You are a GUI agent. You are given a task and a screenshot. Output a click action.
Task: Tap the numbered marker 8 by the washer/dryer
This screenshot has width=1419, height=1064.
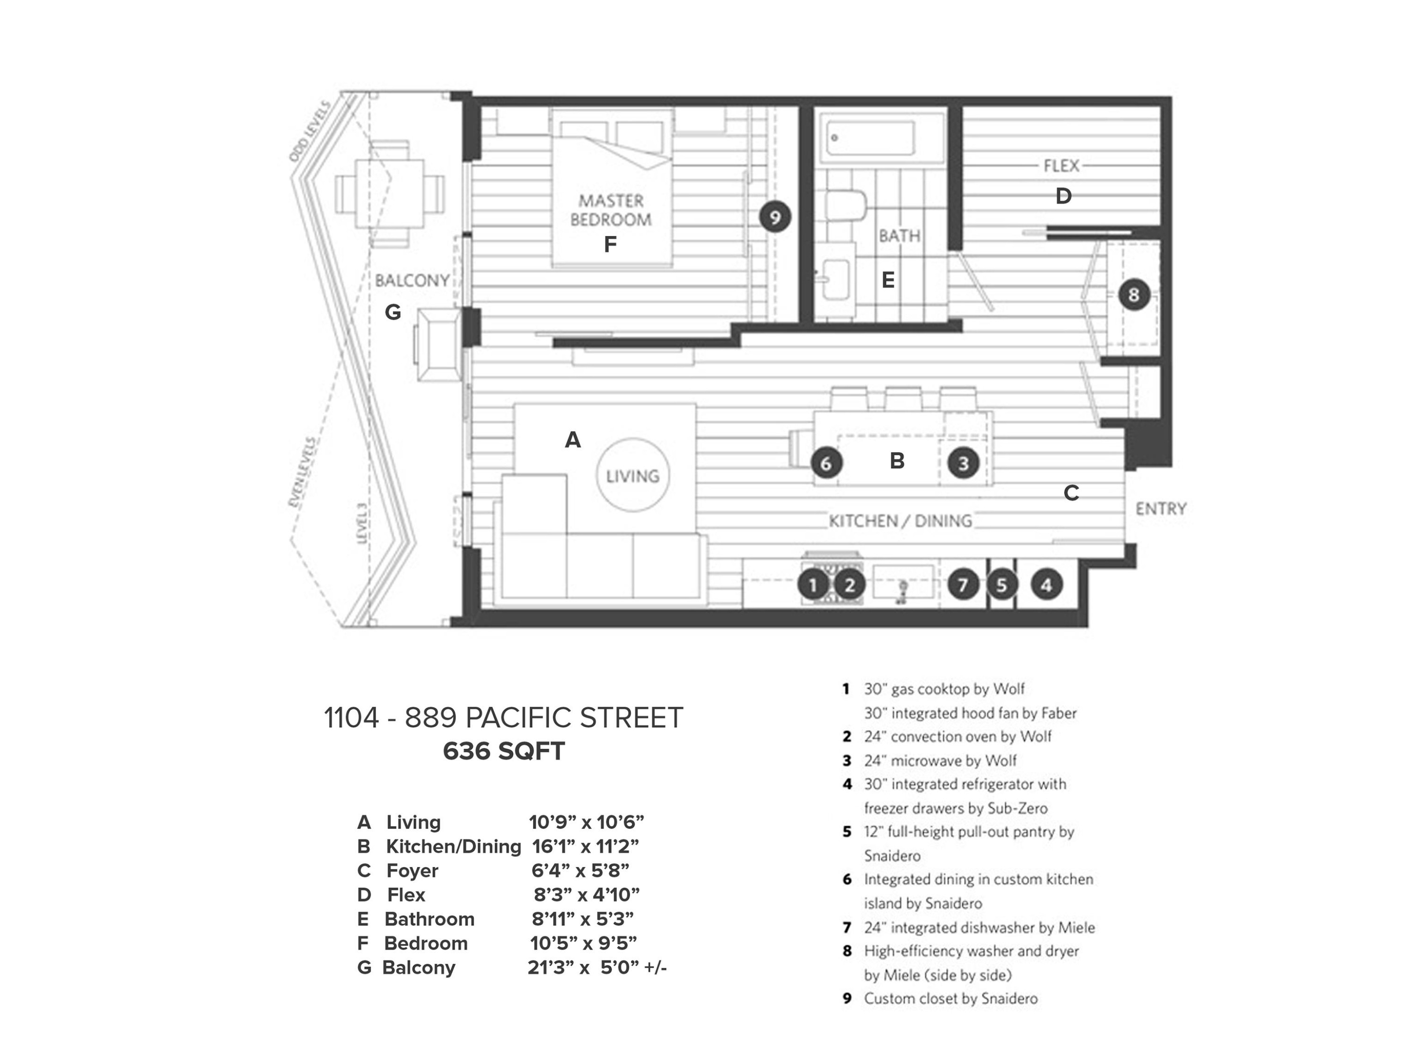click(1133, 295)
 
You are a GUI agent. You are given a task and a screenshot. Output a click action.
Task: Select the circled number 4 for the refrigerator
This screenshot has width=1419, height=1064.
click(1046, 584)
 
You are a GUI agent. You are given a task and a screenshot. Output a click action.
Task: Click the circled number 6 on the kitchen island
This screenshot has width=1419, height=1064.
click(826, 462)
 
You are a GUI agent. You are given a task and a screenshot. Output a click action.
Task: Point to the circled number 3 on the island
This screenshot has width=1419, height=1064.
click(963, 462)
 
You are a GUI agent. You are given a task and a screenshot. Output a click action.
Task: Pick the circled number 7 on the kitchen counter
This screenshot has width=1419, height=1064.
click(962, 584)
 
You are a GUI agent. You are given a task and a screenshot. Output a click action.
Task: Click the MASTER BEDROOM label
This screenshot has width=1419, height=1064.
click(611, 209)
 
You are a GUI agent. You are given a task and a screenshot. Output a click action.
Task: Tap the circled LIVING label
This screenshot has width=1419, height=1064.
click(632, 475)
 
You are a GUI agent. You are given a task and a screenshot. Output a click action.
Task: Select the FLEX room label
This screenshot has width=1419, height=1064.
click(1061, 166)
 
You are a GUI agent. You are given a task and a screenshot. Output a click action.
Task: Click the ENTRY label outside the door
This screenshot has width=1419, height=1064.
click(1160, 508)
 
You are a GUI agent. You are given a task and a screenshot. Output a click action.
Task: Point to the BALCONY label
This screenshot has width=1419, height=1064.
click(412, 280)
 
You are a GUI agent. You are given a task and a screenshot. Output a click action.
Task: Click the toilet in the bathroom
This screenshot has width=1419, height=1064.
click(845, 205)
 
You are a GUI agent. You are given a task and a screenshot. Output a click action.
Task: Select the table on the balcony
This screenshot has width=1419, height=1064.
click(389, 194)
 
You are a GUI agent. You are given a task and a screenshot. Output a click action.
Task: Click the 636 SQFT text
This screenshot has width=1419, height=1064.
click(504, 751)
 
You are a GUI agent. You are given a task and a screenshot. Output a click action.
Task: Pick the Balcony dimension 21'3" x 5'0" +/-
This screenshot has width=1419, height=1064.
click(596, 967)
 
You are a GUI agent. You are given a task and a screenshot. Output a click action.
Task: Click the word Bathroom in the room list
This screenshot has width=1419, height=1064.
click(429, 919)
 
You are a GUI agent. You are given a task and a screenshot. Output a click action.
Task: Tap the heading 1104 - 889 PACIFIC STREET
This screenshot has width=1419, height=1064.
click(504, 718)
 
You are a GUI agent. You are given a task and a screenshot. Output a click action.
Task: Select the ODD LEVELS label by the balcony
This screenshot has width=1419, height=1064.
click(309, 131)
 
